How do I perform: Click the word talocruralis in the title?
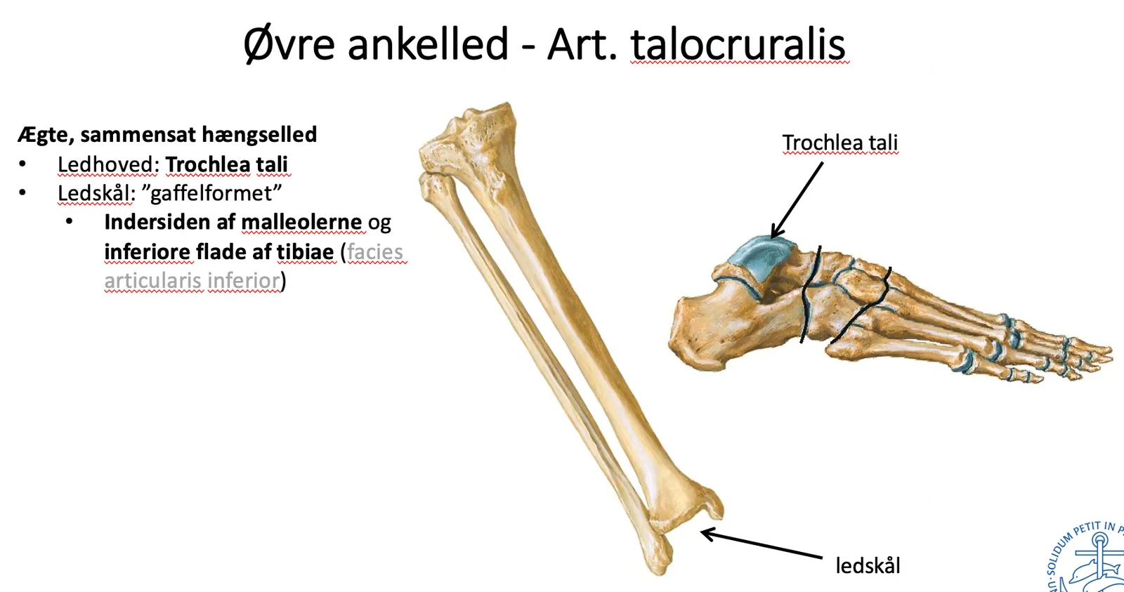738,45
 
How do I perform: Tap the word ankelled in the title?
428,45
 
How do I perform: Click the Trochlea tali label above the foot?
840,143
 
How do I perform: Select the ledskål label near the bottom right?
868,565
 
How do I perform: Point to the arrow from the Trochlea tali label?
797,199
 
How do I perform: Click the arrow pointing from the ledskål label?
762,544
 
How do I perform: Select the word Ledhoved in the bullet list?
108,164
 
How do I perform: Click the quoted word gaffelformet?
216,193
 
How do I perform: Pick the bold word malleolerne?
301,222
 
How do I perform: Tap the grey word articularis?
152,280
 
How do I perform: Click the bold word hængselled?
259,135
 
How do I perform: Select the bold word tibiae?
305,251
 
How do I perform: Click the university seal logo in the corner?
1087,557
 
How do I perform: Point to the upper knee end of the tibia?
469,138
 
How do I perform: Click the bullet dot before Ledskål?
22,192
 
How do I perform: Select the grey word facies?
375,251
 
